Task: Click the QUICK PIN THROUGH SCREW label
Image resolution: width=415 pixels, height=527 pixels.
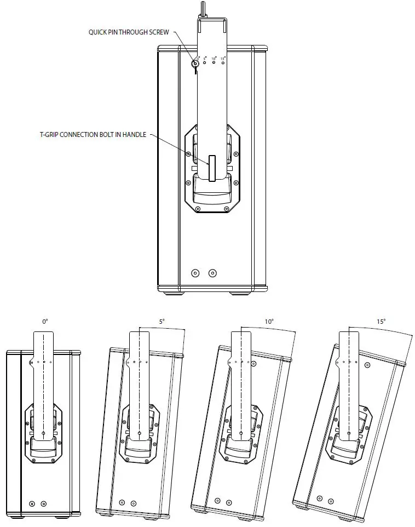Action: pyautogui.click(x=128, y=32)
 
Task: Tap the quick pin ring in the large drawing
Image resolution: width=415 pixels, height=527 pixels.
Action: pyautogui.click(x=194, y=65)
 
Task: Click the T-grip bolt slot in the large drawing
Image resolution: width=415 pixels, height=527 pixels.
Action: pyautogui.click(x=212, y=168)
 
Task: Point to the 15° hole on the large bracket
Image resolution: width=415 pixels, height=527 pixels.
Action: pyautogui.click(x=223, y=63)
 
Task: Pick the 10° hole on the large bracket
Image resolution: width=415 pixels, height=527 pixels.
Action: pyautogui.click(x=214, y=63)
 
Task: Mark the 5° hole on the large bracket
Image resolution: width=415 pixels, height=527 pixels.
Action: pyautogui.click(x=205, y=63)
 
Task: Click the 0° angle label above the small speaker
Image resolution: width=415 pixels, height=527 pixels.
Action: pyautogui.click(x=45, y=322)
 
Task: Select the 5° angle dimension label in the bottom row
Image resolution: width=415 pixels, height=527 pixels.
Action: pyautogui.click(x=162, y=322)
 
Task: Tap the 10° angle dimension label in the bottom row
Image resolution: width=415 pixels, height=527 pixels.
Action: pyautogui.click(x=269, y=322)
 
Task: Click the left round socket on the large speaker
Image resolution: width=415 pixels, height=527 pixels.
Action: pyautogui.click(x=195, y=273)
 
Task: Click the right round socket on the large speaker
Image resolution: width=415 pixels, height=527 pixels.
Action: pyautogui.click(x=212, y=273)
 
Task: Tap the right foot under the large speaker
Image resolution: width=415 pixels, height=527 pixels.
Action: pyautogui.click(x=238, y=293)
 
